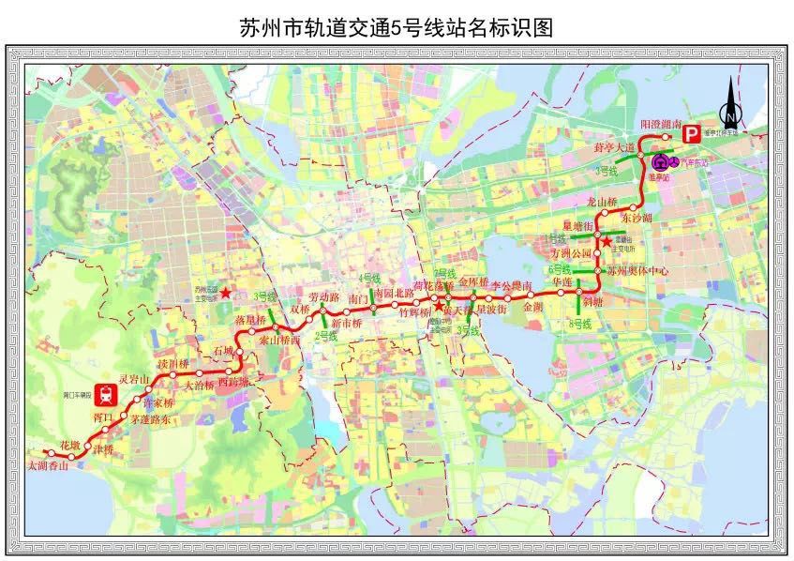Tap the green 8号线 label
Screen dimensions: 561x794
coord(581,323)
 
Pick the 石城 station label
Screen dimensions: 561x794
coord(222,350)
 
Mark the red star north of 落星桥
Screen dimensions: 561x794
coord(227,294)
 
